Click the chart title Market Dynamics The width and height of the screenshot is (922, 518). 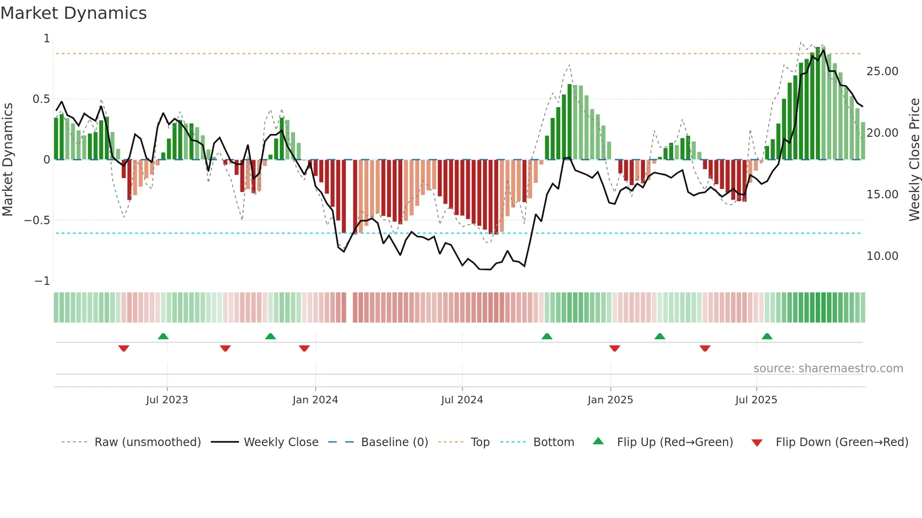(x=74, y=13)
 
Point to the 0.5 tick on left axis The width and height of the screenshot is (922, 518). (x=41, y=99)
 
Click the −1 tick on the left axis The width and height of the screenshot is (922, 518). (x=42, y=281)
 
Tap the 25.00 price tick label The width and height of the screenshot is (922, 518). (x=882, y=71)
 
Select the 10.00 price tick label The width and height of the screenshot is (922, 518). (x=882, y=256)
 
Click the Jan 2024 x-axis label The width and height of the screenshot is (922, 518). (x=315, y=400)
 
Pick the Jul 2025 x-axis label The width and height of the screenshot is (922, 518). (x=756, y=400)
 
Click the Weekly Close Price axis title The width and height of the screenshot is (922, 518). (x=914, y=160)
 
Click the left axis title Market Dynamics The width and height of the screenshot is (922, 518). (x=8, y=160)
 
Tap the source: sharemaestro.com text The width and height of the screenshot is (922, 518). (x=828, y=369)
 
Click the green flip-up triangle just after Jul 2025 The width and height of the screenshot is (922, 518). (x=767, y=336)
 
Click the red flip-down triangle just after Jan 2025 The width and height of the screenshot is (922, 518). (x=614, y=348)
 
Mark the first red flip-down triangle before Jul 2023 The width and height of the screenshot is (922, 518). (x=124, y=348)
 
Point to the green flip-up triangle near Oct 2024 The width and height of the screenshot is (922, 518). (x=547, y=336)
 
